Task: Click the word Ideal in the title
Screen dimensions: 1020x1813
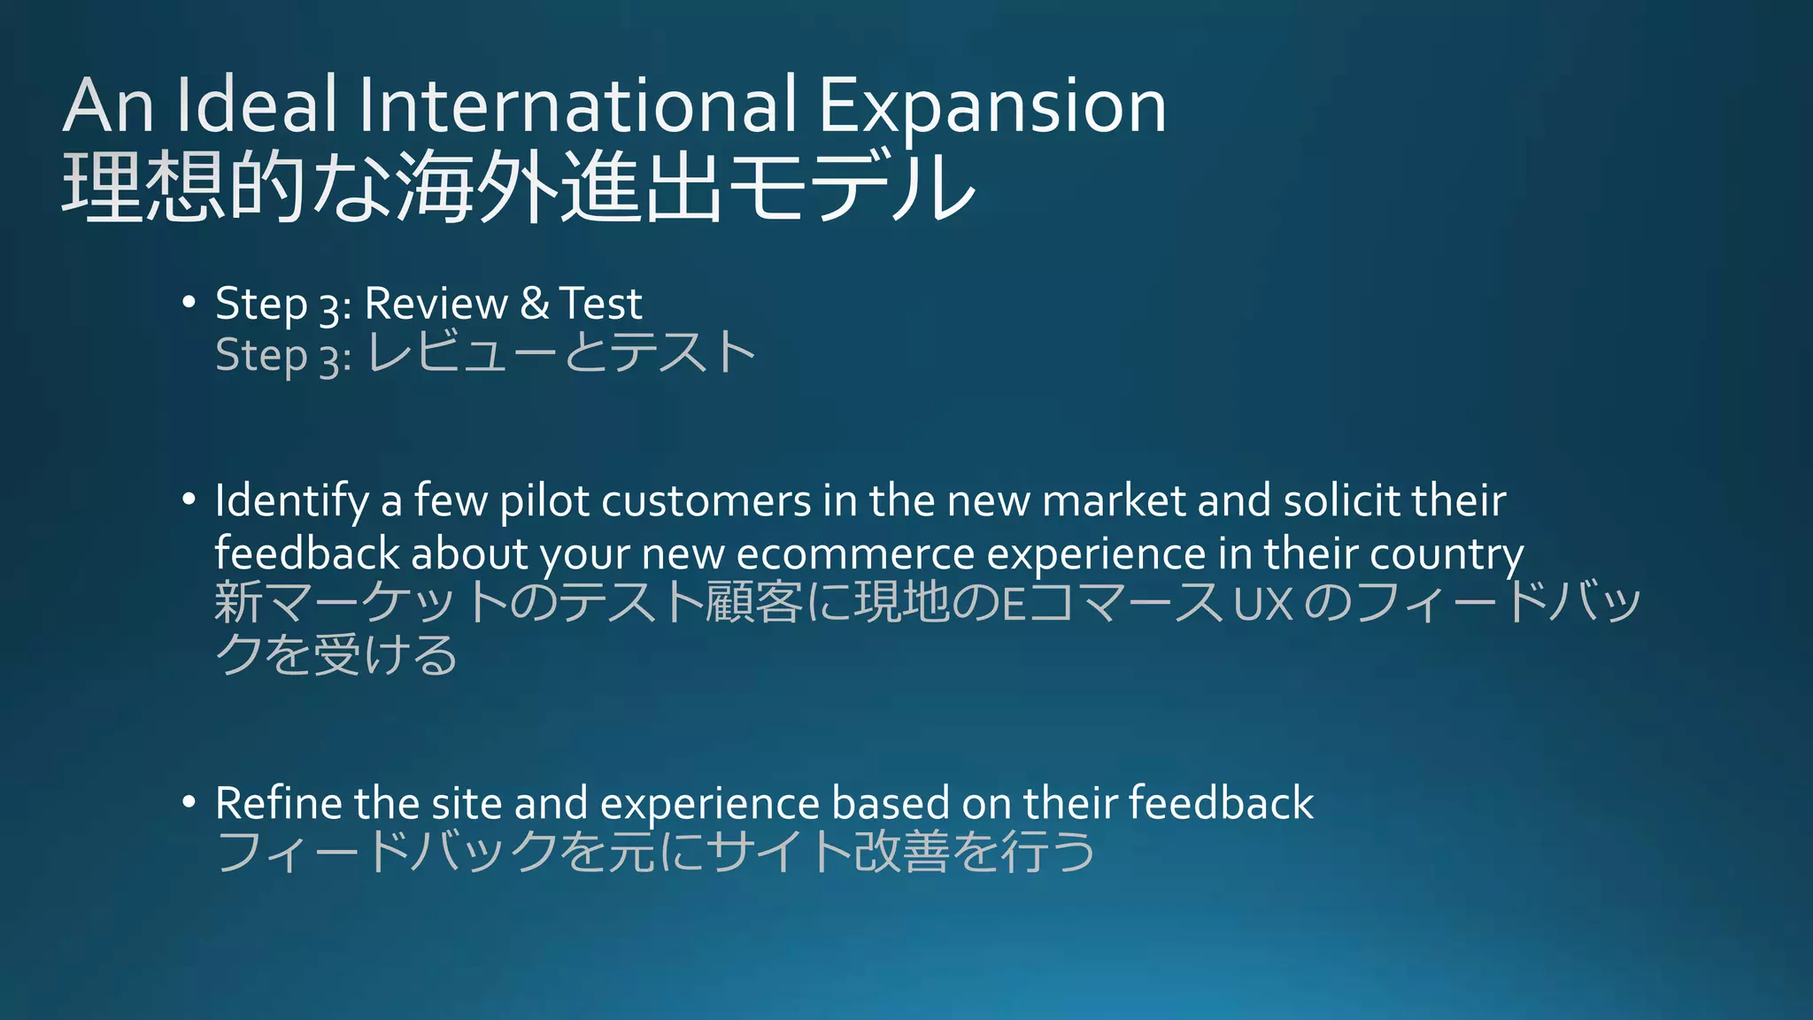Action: click(256, 105)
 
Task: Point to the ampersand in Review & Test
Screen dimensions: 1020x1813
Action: click(534, 303)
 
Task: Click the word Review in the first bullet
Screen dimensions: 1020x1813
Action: click(436, 304)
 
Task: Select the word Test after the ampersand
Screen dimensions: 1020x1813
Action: click(600, 304)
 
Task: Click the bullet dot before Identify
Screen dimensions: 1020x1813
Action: click(188, 500)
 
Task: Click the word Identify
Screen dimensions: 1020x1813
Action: click(291, 502)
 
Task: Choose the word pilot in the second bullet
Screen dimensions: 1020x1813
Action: click(544, 502)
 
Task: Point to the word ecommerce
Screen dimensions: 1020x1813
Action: click(855, 555)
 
